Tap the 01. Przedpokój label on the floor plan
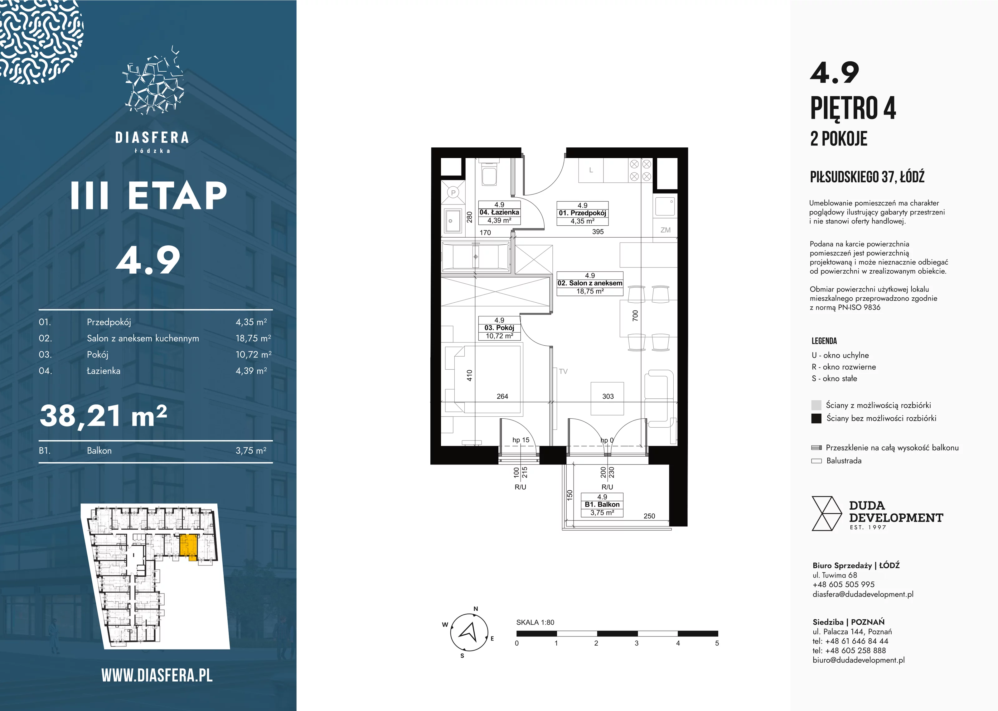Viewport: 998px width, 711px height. (582, 213)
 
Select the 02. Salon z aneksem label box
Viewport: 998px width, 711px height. (590, 283)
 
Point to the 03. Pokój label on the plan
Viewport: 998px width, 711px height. (499, 328)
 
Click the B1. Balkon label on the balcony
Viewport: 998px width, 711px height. (602, 505)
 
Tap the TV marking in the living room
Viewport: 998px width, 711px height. (563, 371)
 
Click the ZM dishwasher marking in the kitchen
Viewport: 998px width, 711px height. (665, 230)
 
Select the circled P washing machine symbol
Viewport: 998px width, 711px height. (453, 192)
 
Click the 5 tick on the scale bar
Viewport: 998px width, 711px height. (717, 643)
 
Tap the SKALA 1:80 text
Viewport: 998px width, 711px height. (535, 622)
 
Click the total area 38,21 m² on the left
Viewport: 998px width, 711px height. (103, 416)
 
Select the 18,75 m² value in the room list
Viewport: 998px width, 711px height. (253, 338)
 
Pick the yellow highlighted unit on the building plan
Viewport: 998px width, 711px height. (188, 546)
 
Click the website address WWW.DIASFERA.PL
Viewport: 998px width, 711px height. (157, 675)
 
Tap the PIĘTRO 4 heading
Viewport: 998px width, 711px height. (853, 108)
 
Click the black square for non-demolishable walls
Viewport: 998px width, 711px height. (816, 418)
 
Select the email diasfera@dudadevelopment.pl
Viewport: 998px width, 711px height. (863, 594)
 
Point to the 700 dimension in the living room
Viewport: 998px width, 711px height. (635, 315)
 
